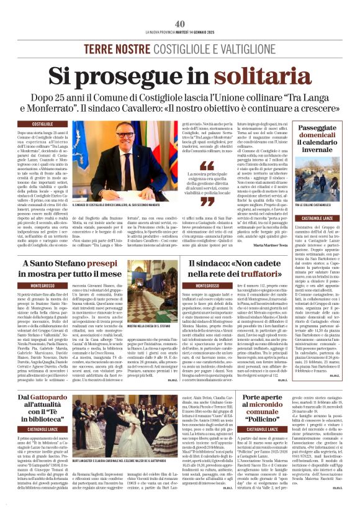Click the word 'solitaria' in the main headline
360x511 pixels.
[x=245, y=75]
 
